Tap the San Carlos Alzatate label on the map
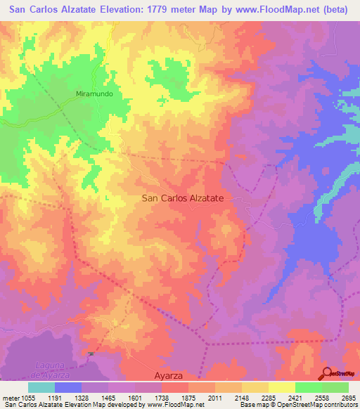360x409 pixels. click(x=183, y=199)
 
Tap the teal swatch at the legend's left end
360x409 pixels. click(x=41, y=387)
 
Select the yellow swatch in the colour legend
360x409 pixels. click(x=282, y=387)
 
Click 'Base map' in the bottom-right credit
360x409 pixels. click(x=251, y=405)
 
